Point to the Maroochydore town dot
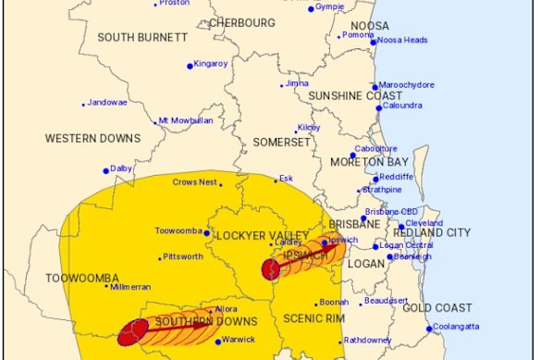[x=375, y=87]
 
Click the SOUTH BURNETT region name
[x=143, y=37]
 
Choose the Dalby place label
[x=122, y=168]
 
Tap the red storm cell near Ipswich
[x=271, y=269]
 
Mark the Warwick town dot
[x=217, y=341]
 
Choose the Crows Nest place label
[x=194, y=182]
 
